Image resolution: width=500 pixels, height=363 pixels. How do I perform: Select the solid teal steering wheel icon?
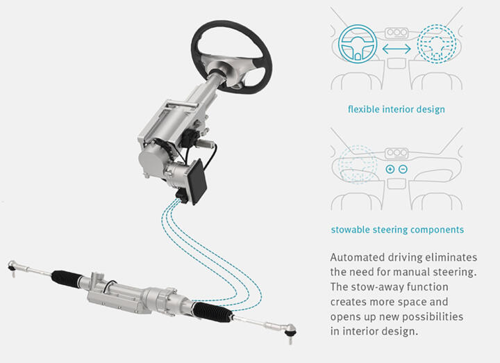[x=358, y=43]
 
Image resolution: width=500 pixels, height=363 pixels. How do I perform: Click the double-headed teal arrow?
[x=397, y=49]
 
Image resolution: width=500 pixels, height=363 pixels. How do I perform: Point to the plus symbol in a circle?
[x=390, y=169]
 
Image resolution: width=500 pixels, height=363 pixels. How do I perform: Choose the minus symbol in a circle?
[x=403, y=169]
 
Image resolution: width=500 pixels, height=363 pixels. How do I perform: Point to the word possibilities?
[x=432, y=316]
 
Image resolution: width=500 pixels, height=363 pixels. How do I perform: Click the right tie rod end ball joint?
[x=290, y=331]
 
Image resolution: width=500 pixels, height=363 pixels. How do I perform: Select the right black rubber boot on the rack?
[x=212, y=312]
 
